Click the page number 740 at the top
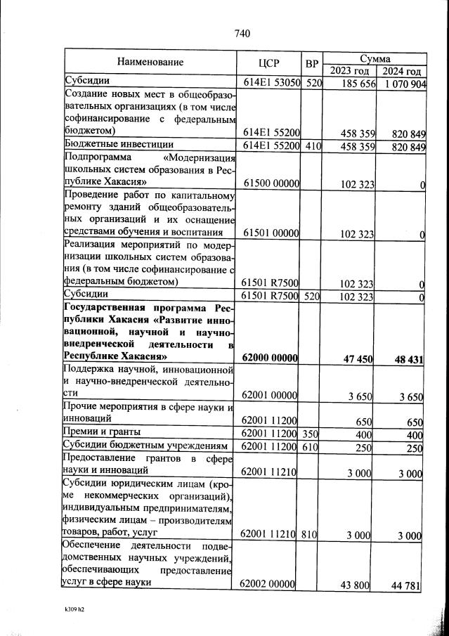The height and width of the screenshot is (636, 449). click(x=242, y=33)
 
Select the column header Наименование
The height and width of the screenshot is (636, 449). click(x=150, y=62)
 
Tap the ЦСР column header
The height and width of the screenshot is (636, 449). click(x=270, y=63)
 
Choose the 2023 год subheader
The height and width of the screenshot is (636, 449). click(x=349, y=71)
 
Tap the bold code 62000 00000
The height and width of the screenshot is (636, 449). click(x=271, y=358)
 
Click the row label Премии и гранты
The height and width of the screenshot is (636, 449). click(x=102, y=431)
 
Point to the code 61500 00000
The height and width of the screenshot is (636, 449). click(x=272, y=184)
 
